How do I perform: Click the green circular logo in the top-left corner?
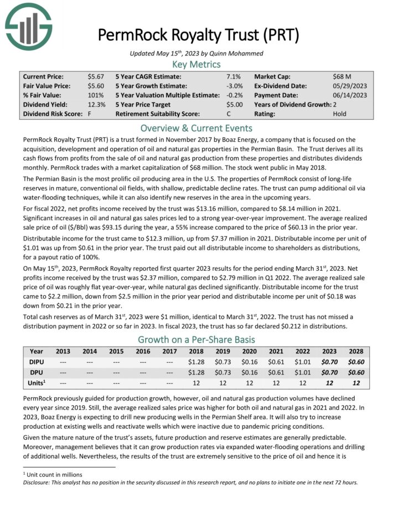tap(28, 27)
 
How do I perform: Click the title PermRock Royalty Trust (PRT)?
tap(199, 35)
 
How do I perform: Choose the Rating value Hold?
tap(340, 114)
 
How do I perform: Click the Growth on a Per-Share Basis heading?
tap(196, 339)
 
